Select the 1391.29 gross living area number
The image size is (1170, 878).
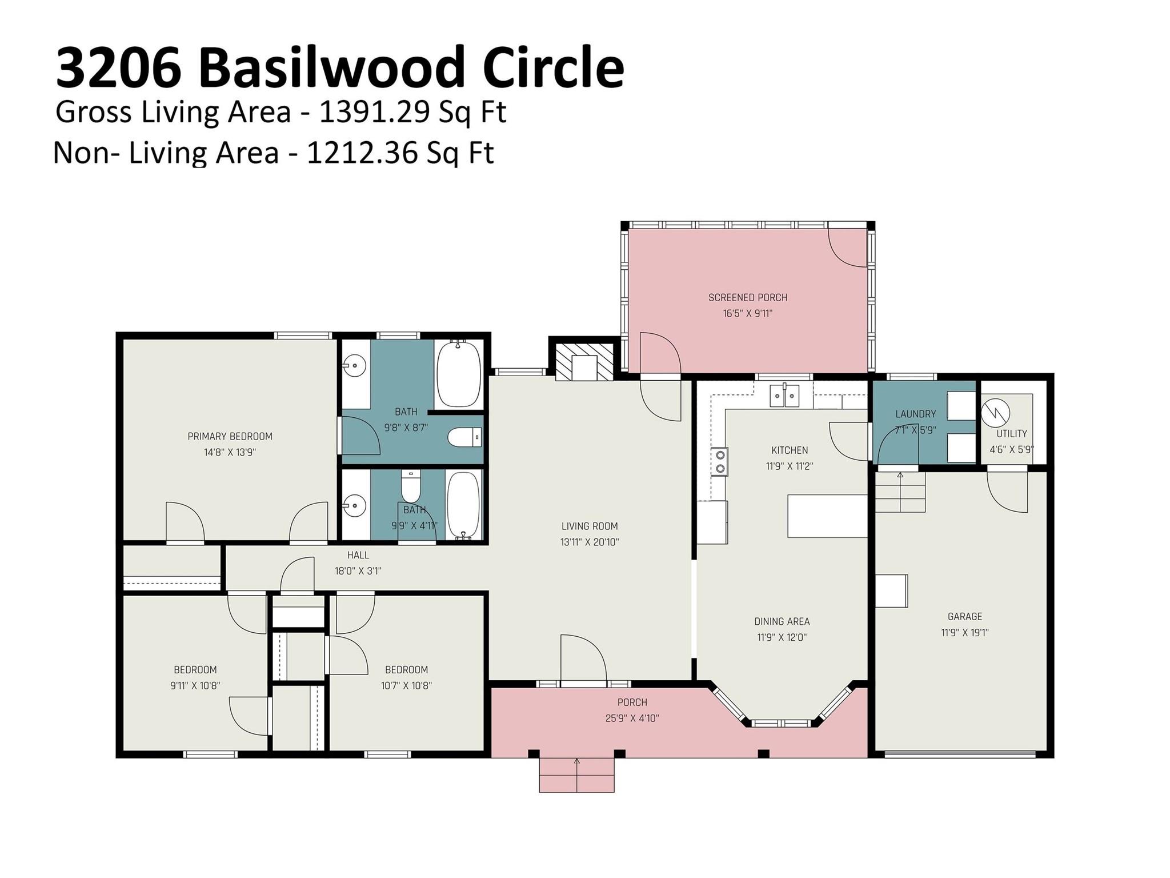click(x=374, y=112)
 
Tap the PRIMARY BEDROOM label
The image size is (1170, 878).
click(x=230, y=436)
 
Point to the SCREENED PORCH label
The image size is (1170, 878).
click(x=747, y=297)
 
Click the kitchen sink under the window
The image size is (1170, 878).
click(x=784, y=396)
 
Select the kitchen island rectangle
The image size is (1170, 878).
click(x=827, y=516)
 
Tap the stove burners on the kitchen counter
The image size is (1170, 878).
click(x=720, y=462)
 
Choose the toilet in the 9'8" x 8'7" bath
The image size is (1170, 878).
click(x=464, y=438)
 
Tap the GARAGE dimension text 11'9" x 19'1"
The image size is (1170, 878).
click(x=964, y=632)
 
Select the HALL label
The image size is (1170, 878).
click(x=358, y=555)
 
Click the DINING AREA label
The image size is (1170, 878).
click(x=782, y=621)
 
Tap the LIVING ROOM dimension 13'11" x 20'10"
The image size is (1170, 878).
click(x=590, y=542)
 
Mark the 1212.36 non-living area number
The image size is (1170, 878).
click(x=362, y=153)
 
